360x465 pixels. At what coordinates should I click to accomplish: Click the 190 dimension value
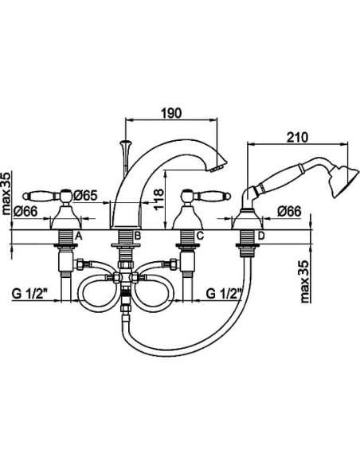[171, 113]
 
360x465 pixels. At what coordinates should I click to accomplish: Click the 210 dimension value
[297, 137]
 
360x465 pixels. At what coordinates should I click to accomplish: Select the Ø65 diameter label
[85, 195]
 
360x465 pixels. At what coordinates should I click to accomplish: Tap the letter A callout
[78, 236]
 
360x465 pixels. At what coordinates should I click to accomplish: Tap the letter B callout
[137, 236]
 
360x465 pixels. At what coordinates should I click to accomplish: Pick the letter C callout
[200, 236]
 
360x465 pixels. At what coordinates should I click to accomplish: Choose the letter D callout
[261, 236]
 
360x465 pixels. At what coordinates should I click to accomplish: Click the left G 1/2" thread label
[30, 294]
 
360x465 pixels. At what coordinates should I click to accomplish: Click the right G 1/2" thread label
[224, 294]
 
